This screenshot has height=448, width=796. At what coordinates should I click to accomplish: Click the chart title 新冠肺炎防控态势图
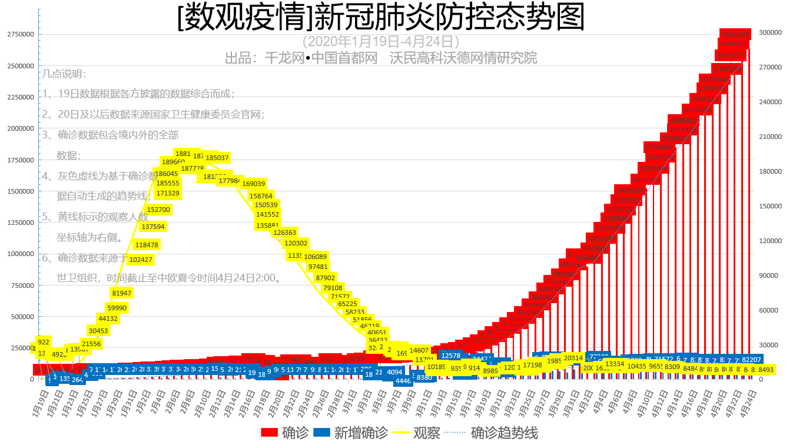click(x=381, y=18)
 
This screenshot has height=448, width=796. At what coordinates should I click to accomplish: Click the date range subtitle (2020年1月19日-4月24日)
click(x=380, y=42)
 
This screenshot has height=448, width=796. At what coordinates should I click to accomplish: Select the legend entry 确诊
click(x=285, y=433)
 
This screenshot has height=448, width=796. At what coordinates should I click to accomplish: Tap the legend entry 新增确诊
click(x=351, y=433)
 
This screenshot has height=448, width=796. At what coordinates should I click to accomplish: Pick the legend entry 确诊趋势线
click(x=495, y=433)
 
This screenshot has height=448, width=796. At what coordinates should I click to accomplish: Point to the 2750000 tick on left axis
click(x=20, y=35)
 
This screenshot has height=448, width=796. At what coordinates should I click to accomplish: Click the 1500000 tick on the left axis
click(x=20, y=191)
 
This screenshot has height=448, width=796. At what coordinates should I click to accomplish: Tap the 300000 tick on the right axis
click(x=770, y=32)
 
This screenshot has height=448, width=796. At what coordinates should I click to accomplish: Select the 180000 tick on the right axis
click(x=770, y=171)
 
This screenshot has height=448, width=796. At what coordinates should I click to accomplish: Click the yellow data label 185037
click(x=217, y=158)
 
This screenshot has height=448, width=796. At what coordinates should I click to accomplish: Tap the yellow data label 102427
click(x=141, y=260)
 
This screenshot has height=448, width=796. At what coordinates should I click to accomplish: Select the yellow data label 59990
click(x=117, y=308)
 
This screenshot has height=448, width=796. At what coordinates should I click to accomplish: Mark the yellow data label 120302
click(x=296, y=243)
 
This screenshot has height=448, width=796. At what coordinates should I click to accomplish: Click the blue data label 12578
click(x=451, y=356)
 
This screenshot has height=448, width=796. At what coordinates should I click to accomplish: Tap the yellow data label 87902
click(x=326, y=278)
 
